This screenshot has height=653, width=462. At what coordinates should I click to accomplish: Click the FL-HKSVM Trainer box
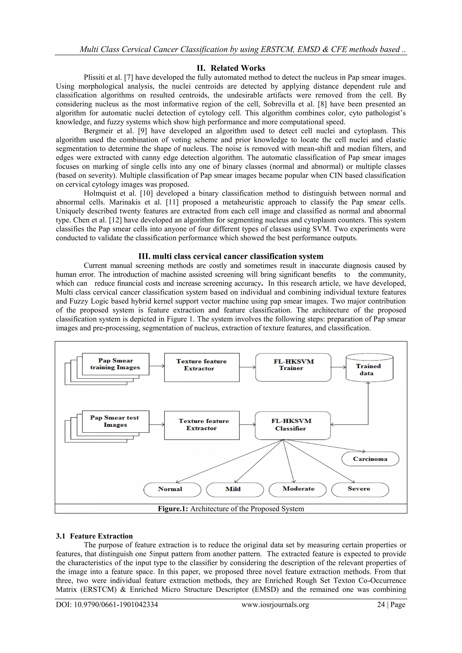tap(293, 367)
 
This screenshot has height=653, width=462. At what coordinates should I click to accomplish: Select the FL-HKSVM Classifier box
tap(293, 425)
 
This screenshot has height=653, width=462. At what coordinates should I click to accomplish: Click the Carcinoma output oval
tap(370, 459)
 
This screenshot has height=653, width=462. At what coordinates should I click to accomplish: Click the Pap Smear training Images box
tap(115, 364)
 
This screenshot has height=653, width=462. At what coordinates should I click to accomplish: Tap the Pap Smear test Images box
tap(115, 422)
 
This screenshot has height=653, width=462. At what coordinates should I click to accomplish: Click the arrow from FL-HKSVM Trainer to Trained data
tap(338, 367)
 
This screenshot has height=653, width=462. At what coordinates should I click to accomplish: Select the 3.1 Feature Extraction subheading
tap(94, 536)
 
